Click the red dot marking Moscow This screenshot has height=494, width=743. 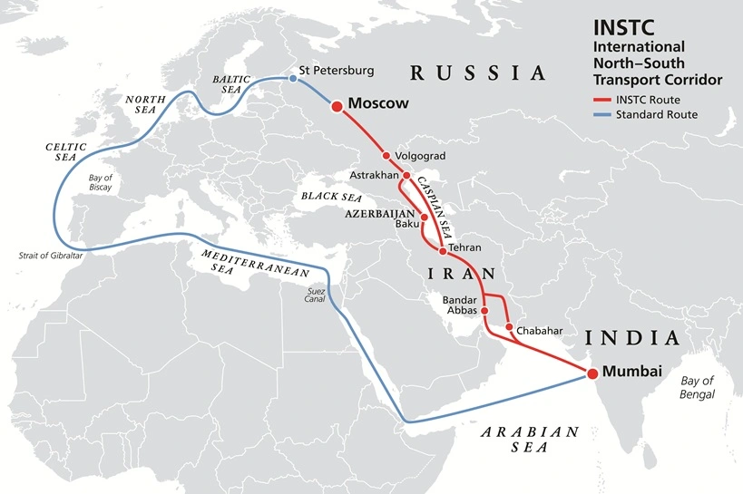(337, 106)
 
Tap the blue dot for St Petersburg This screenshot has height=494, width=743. (292, 79)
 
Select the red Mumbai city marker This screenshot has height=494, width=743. (591, 373)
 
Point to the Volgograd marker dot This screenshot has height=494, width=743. (386, 155)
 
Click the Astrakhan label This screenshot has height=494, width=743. (374, 175)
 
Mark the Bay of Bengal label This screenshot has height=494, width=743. (699, 387)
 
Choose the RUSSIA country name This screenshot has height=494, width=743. (477, 73)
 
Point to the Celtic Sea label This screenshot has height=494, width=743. (65, 152)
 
